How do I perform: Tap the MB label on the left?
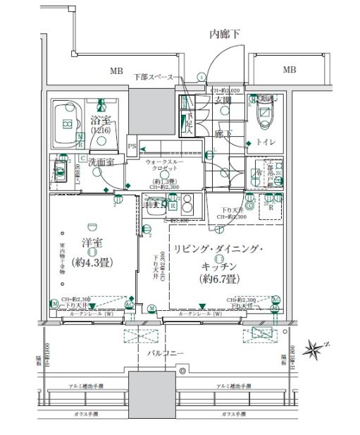[116, 71]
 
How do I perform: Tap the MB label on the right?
[289, 70]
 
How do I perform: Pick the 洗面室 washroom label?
[101, 162]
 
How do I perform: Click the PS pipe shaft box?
[132, 146]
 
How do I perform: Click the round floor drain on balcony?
[182, 369]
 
